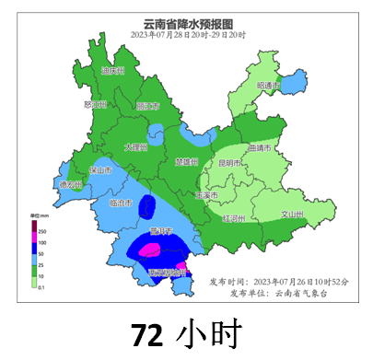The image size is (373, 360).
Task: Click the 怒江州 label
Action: pos(95,104)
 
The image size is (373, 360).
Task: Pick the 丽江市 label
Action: pos(147,106)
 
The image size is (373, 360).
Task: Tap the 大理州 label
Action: pos(135,146)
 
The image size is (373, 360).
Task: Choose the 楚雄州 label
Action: pos(186,161)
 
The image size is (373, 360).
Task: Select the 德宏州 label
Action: pos(71,185)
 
